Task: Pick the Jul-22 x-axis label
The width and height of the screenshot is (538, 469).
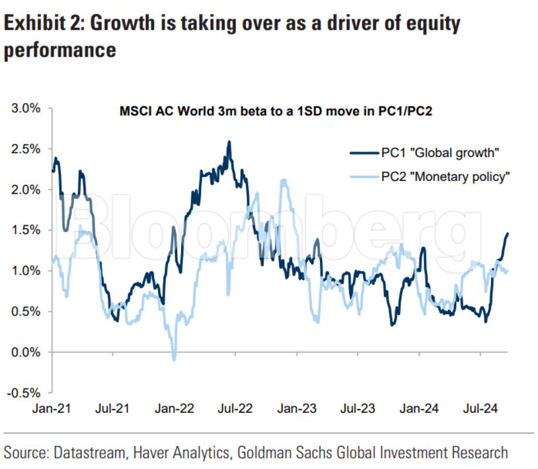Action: click(235, 408)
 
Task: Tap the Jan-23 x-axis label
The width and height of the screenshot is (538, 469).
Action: click(296, 408)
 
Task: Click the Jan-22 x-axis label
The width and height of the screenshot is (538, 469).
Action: click(174, 408)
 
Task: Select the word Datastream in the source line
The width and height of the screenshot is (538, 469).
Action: click(89, 452)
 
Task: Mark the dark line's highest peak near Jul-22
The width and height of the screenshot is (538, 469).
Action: click(229, 141)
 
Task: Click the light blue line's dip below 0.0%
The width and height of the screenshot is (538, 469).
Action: click(174, 359)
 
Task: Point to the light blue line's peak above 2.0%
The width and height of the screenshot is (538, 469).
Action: click(284, 180)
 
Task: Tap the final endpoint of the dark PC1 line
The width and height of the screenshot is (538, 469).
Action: click(508, 233)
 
